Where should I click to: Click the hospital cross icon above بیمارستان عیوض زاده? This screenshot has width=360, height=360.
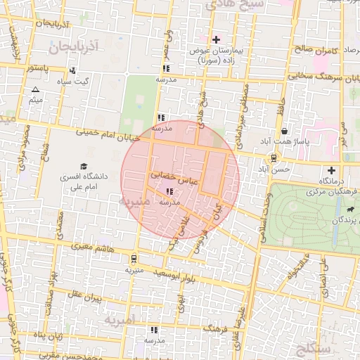pos(216,39)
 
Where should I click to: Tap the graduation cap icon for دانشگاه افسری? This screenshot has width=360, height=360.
pos(84,167)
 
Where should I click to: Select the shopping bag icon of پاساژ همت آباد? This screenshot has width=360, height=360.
pos(283,131)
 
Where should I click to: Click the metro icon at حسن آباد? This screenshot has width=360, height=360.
pos(273,158)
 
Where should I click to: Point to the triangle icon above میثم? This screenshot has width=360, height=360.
pos(35,89)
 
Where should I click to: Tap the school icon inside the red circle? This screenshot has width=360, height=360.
pos(169,191)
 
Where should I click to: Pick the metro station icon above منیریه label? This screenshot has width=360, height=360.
pos(134,258)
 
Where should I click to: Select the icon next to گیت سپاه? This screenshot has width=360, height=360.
pos(73,70)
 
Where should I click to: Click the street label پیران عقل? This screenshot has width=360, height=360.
pos(86,298)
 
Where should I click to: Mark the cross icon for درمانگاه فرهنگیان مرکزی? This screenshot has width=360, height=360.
pos(331,170)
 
